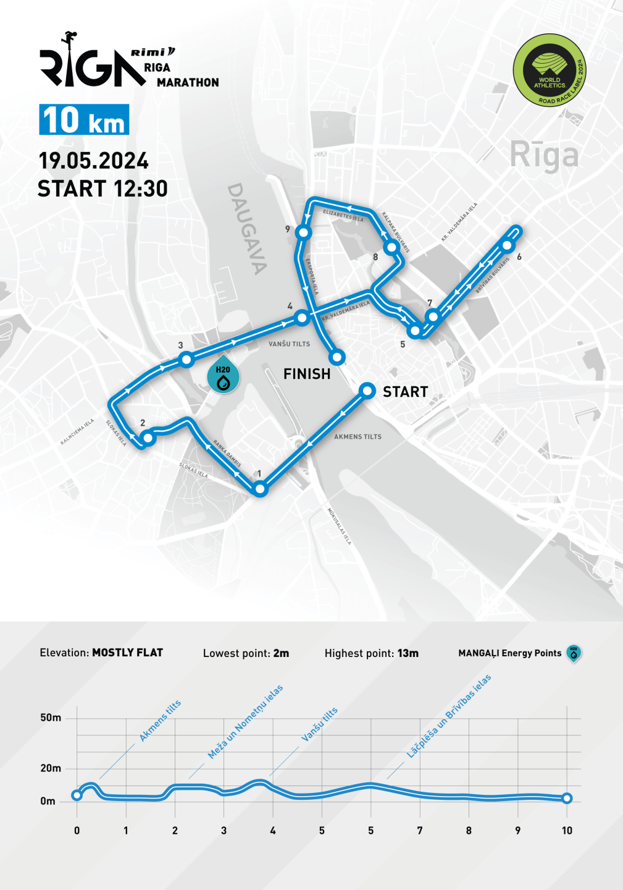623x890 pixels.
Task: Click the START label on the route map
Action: [405, 392]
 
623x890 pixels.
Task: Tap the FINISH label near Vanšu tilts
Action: [307, 374]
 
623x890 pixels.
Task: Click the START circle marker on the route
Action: [367, 391]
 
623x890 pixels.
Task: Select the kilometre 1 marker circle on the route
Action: [260, 489]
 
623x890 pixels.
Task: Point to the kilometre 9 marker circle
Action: [303, 232]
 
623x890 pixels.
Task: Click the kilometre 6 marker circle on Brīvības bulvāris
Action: [507, 245]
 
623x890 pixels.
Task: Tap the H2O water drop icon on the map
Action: [223, 375]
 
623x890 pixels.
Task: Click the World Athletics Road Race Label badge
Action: [549, 70]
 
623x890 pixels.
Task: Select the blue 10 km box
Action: [84, 119]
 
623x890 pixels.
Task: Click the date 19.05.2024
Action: [93, 161]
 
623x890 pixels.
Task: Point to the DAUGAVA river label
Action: [248, 228]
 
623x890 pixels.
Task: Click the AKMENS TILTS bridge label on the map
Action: [357, 436]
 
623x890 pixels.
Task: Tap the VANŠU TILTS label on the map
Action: [289, 344]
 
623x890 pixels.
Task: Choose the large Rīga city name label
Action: [544, 155]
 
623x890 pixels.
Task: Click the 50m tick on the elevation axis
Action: [51, 718]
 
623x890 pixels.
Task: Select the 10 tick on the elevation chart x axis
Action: [567, 831]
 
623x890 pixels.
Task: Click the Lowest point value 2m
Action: [281, 653]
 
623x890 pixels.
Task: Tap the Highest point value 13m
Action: [408, 653]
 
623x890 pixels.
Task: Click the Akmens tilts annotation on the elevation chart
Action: [160, 721]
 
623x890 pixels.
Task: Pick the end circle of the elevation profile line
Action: [567, 799]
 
